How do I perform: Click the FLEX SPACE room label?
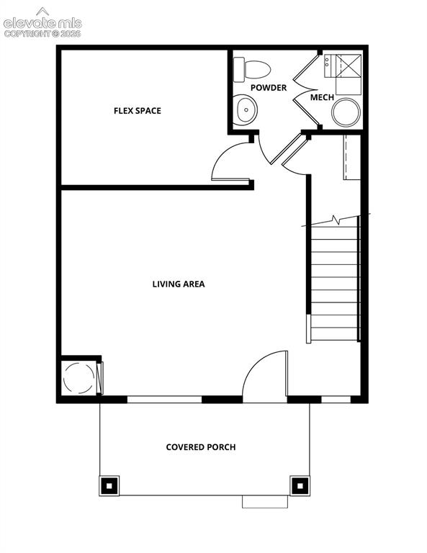(137, 111)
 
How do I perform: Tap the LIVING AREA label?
(179, 284)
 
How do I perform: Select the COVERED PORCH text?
(201, 447)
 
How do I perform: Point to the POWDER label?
(269, 87)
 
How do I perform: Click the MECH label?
(322, 97)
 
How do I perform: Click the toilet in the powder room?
(252, 69)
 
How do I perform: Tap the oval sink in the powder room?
(246, 109)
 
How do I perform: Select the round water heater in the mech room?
(346, 112)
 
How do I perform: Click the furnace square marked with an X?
(349, 65)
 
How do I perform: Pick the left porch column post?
(109, 486)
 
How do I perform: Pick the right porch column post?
(300, 486)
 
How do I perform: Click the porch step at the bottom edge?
(265, 502)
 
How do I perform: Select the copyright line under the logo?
(42, 34)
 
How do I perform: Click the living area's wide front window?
(164, 399)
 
